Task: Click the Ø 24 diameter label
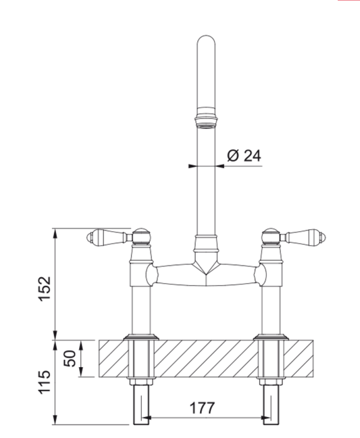(244, 155)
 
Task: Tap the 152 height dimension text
(45, 289)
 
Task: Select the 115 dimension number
(45, 383)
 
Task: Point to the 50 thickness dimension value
(70, 358)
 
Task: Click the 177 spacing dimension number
(203, 408)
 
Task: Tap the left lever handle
(109, 237)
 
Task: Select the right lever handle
(303, 237)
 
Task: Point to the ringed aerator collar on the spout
(206, 118)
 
